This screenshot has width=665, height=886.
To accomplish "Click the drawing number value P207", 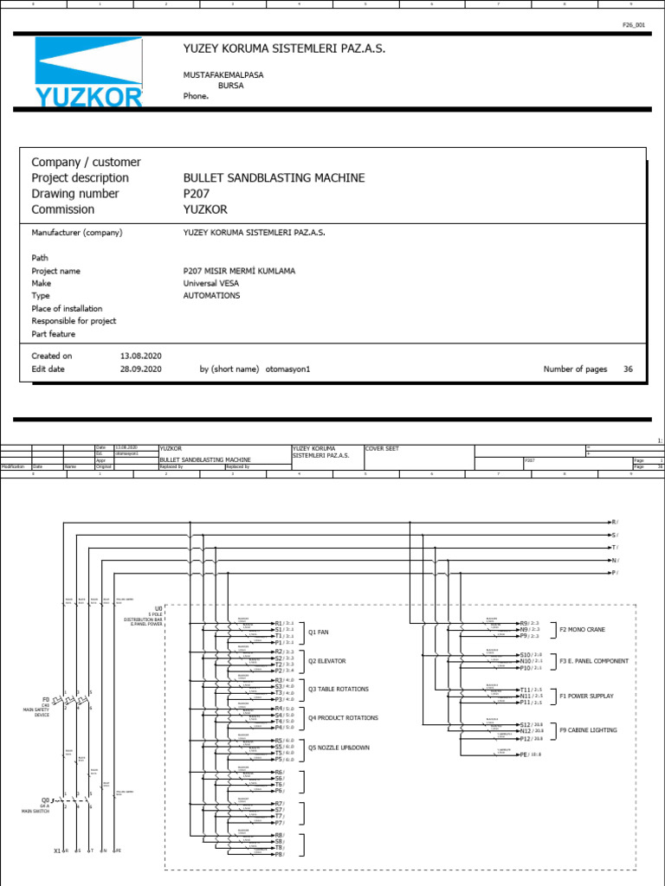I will tap(197, 194).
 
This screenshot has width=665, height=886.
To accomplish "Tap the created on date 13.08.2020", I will tap(140, 356).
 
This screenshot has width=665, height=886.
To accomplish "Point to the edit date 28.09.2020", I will tap(140, 369).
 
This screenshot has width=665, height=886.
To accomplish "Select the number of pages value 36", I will tap(628, 369).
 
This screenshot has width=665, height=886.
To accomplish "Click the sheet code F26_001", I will tap(634, 26).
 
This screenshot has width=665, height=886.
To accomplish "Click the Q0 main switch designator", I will tap(46, 800).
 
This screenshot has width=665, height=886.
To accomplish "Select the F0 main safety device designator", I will tap(46, 698).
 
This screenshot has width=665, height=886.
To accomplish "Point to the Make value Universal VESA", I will tap(212, 283).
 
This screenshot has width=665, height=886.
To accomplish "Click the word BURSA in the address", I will tap(229, 86).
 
